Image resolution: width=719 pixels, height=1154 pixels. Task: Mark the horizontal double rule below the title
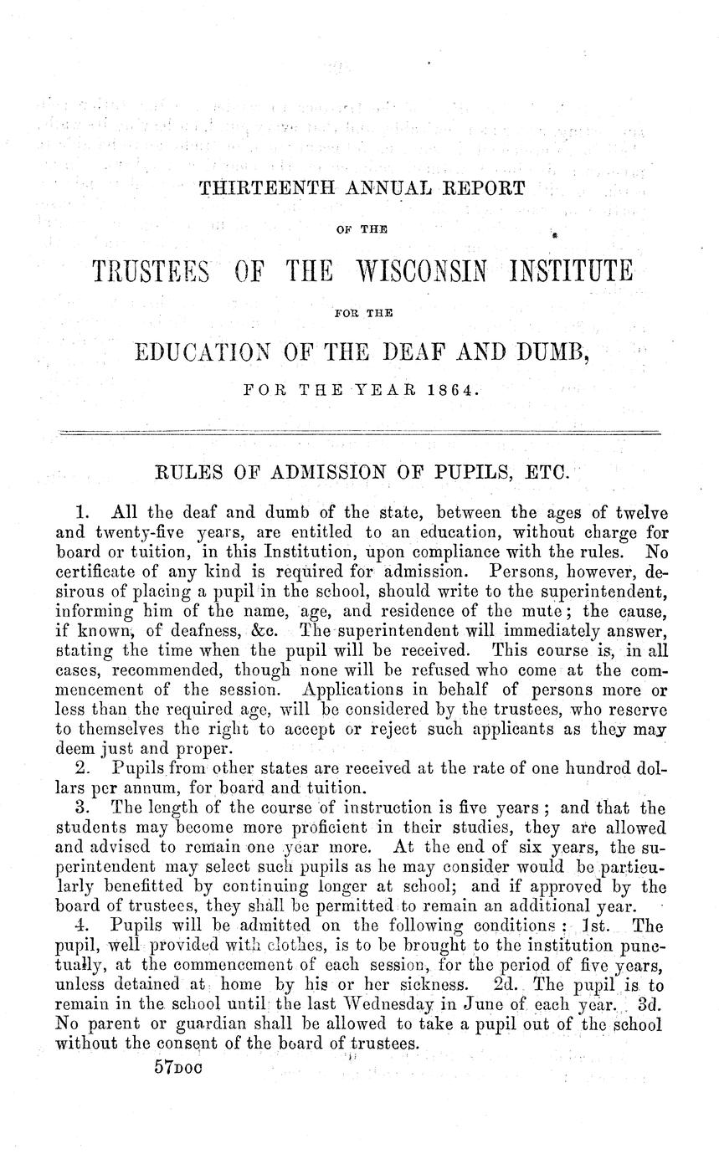[x=359, y=432]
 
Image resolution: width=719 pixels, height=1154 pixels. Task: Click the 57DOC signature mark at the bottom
[x=180, y=1069]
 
